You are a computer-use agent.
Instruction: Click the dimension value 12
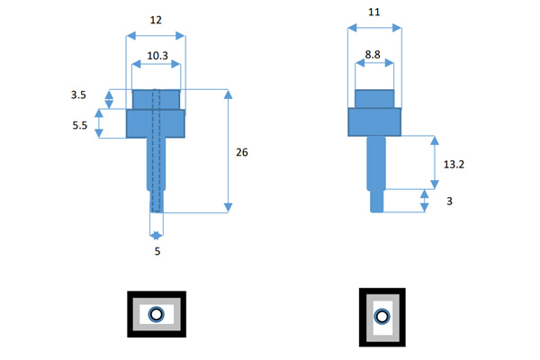coord(156,20)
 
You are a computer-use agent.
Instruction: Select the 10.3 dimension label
coord(157,56)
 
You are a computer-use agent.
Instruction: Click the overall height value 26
coord(241,152)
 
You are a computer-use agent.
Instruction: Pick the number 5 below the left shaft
coord(157,252)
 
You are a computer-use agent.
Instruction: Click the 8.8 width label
coord(373,56)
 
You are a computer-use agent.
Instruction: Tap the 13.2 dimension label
coord(454,163)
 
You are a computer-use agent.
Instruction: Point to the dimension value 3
coord(449,202)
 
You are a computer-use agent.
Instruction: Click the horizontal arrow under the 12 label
coord(156,35)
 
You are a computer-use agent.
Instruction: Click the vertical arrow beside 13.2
coord(435,163)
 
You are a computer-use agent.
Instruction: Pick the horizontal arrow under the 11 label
coord(374,29)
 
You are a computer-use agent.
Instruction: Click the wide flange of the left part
coord(156,123)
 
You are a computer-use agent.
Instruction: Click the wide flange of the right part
coord(374,121)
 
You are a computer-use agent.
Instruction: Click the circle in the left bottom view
coord(156,314)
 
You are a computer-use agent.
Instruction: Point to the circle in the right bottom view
coord(382,316)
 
